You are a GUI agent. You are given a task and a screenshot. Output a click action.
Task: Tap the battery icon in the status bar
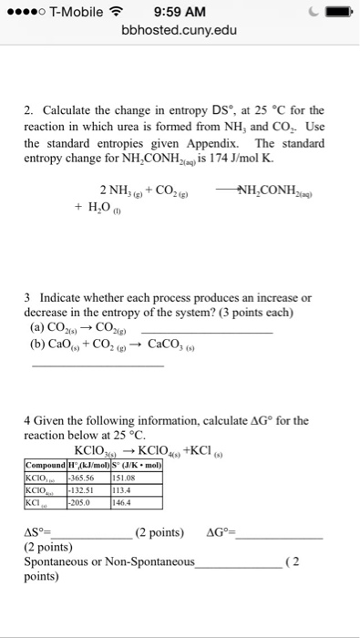tap(334, 13)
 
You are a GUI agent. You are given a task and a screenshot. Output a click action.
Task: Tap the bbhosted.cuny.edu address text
tap(180, 31)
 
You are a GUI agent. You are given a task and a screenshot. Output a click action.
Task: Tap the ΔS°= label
tap(37, 532)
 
